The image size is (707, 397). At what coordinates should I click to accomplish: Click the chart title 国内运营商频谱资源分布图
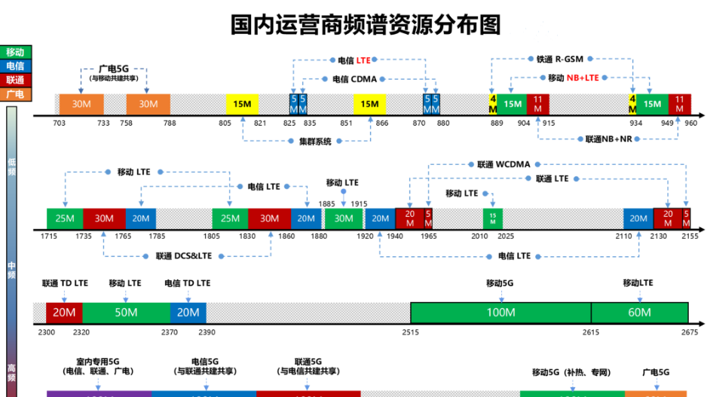coord(366,24)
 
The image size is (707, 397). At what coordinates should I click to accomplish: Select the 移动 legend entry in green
coord(15,52)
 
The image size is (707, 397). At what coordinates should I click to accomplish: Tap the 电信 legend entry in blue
coord(15,66)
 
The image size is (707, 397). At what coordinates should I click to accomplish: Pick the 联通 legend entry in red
coord(15,81)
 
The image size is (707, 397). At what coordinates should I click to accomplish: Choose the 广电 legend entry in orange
coord(15,95)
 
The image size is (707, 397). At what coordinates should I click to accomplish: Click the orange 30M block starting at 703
coord(81,104)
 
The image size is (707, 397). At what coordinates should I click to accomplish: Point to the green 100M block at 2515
coord(500,313)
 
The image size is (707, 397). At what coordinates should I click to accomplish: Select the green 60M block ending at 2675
coord(638,313)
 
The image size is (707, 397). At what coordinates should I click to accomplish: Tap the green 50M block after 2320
coord(126,313)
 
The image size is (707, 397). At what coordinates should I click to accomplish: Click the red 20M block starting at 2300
coord(64,313)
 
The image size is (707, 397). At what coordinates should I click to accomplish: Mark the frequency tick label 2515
coord(411,331)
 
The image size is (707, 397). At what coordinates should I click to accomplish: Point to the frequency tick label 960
coord(691,123)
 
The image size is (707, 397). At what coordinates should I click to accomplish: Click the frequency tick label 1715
coord(49,237)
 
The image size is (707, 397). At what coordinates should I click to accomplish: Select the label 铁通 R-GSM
coord(561,58)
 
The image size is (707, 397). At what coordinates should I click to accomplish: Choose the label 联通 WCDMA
coord(498,163)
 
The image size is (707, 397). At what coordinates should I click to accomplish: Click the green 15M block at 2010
coord(493,218)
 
